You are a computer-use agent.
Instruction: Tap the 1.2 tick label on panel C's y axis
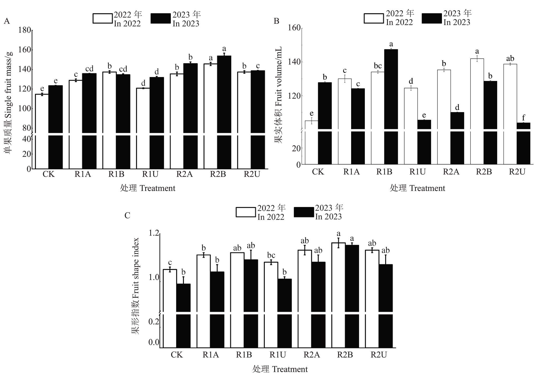tap(154, 233)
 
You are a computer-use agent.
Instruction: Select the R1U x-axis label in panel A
tap(150, 174)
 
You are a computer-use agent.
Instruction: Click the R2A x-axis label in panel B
tap(451, 172)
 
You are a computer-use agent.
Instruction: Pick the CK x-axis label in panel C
tap(177, 355)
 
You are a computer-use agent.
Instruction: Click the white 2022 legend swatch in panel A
tap(102, 18)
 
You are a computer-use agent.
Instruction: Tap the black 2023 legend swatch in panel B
tap(432, 18)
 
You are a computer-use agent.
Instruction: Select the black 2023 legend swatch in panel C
tap(304, 212)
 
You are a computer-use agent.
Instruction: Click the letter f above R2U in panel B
tap(524, 118)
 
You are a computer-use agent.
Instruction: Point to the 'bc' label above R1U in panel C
tap(271, 255)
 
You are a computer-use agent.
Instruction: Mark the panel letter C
tap(127, 216)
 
